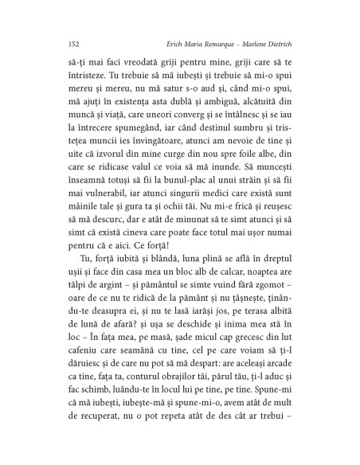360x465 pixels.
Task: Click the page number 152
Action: [x=54, y=44]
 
